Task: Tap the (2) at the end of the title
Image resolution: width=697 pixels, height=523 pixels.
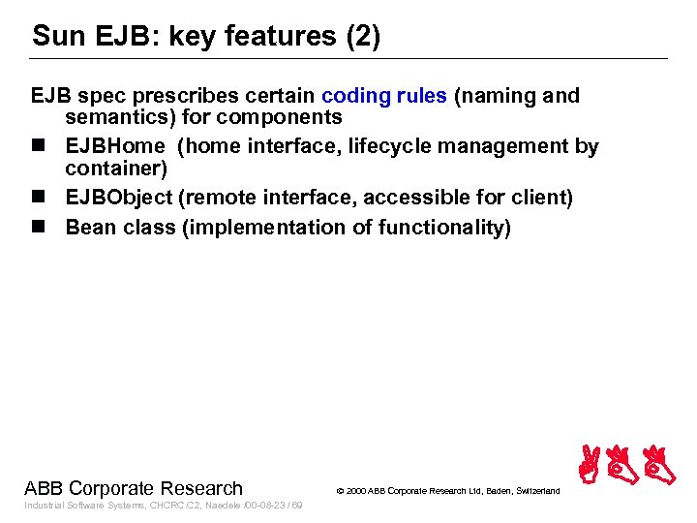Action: [x=363, y=37]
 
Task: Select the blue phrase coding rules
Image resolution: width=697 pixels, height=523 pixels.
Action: [x=384, y=96]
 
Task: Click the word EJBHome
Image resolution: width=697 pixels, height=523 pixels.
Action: [x=115, y=146]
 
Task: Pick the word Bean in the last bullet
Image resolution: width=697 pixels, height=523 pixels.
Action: [x=90, y=228]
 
